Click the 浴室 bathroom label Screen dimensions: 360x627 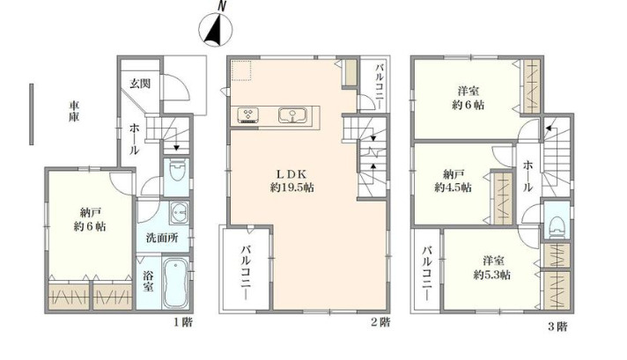coord(148,282)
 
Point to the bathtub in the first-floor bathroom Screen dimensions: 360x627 coord(176,281)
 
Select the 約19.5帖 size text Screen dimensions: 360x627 coord(292,188)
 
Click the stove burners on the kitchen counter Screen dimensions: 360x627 coord(247,114)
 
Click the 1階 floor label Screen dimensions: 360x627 coord(182,323)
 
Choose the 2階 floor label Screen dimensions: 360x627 coord(380,323)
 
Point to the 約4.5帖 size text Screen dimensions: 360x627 coord(452,187)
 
